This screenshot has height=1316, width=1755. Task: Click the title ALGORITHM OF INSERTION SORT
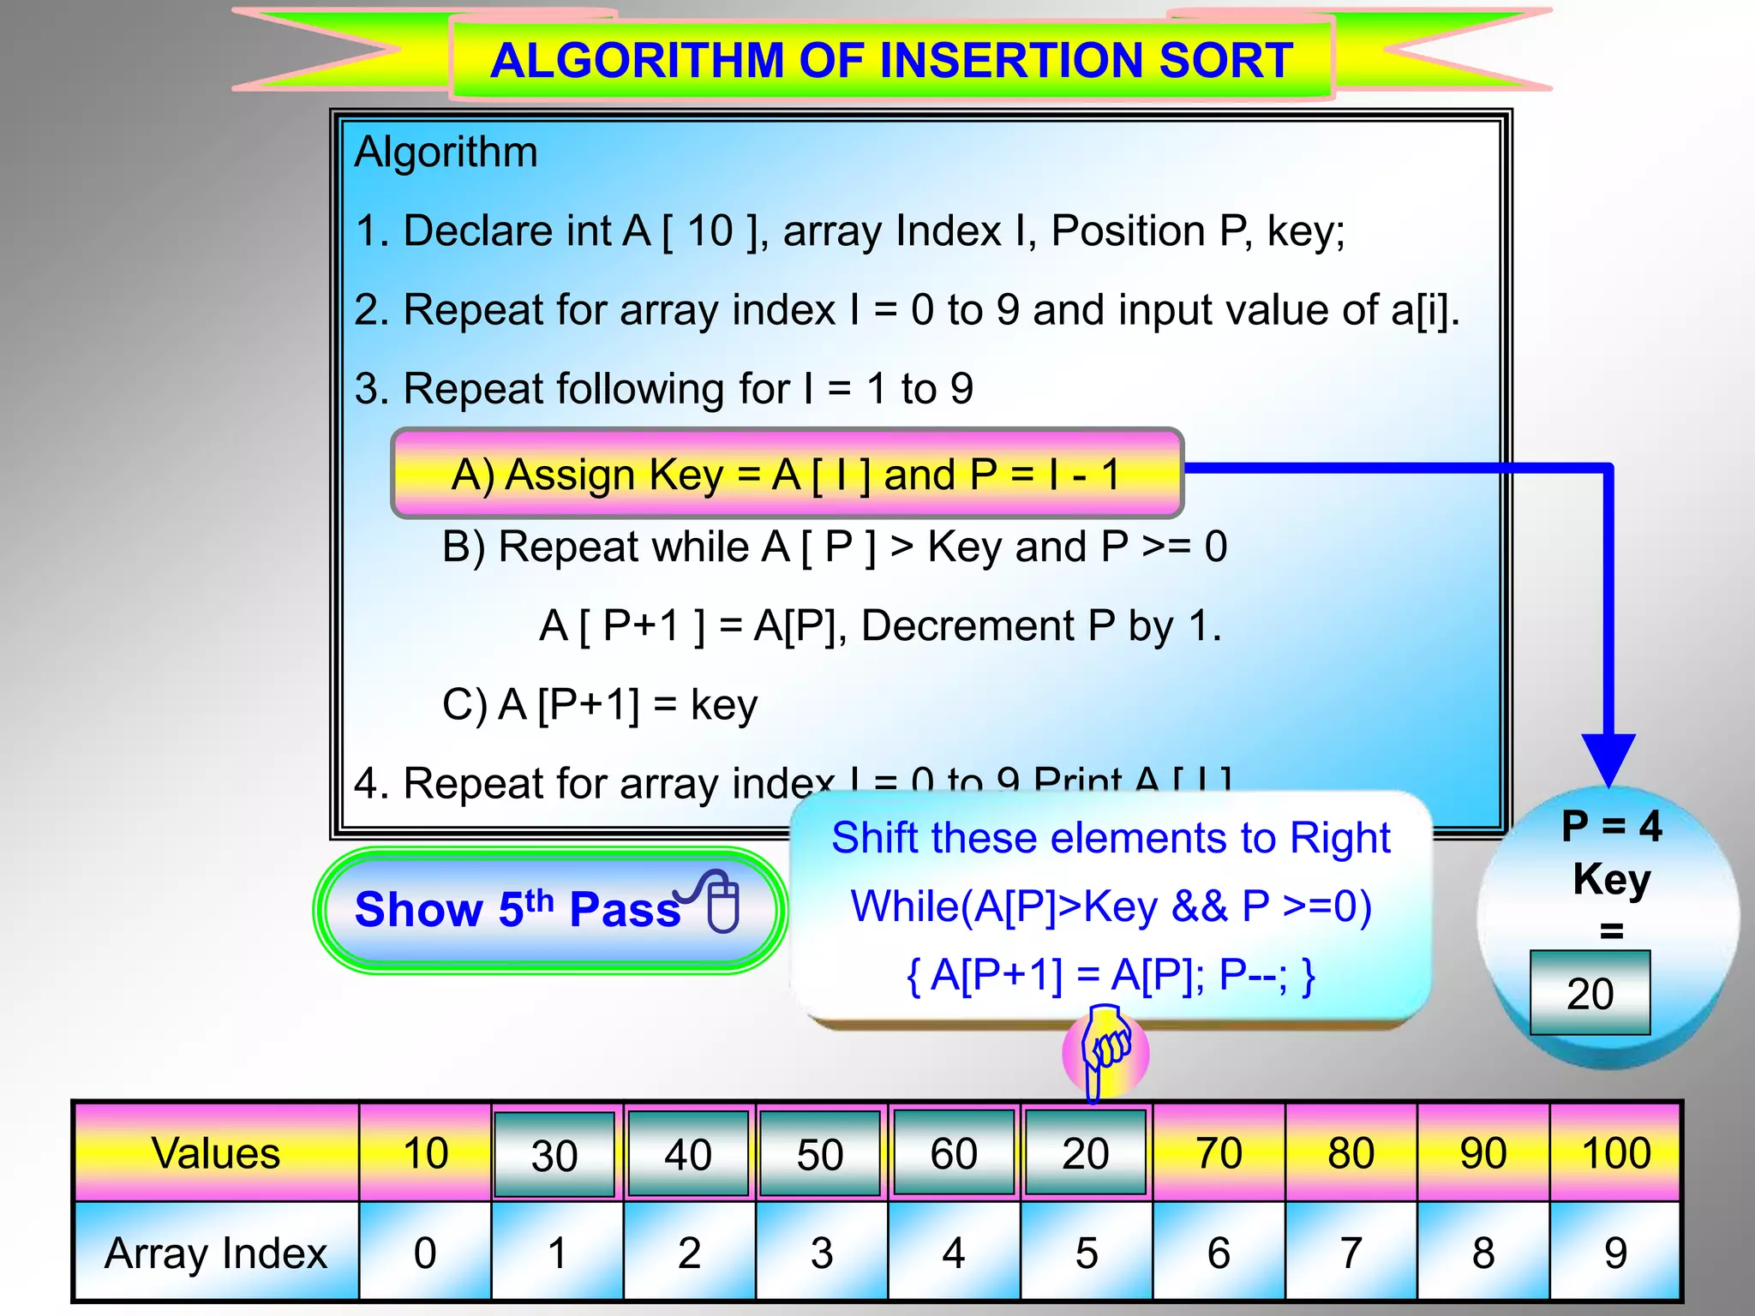coord(891,60)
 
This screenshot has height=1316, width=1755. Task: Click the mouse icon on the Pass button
coord(722,902)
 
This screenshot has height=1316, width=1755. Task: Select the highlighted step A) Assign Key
coord(787,474)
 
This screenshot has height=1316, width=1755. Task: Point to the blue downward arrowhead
coord(1608,758)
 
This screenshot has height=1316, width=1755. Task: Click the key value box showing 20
coord(1590,993)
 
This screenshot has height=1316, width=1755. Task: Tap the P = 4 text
coord(1611,827)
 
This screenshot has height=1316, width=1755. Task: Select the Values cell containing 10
coord(425,1152)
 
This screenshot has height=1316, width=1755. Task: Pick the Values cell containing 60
coord(953,1152)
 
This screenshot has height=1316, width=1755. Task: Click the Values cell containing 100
coord(1615,1152)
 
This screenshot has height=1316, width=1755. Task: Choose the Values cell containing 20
coord(1085,1152)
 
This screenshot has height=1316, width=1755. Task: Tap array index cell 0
coord(425,1253)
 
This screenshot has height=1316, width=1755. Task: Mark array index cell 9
coord(1615,1253)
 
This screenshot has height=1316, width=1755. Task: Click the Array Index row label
coord(216,1253)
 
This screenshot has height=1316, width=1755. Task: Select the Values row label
coord(216,1152)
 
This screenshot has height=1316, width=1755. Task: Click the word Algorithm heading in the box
coord(446,153)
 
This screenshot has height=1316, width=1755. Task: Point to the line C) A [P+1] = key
coord(600,705)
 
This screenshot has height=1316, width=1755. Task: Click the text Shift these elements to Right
coord(1111,838)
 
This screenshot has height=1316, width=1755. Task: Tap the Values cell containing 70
coord(1218,1152)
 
